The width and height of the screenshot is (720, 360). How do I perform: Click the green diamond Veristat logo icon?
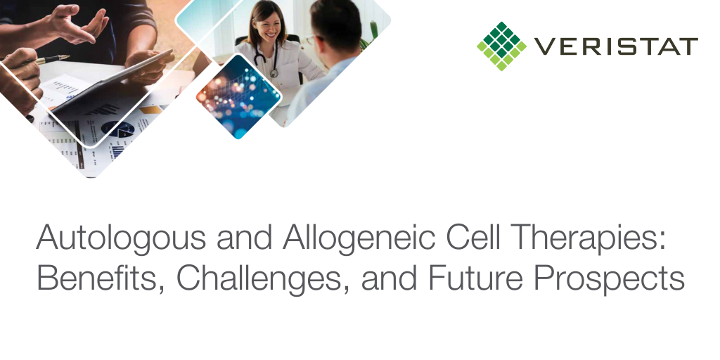[502, 46]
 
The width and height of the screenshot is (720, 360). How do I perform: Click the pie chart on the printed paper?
[117, 129]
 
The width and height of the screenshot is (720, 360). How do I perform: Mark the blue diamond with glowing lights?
[238, 96]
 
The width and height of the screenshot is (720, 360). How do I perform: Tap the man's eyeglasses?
[314, 39]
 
